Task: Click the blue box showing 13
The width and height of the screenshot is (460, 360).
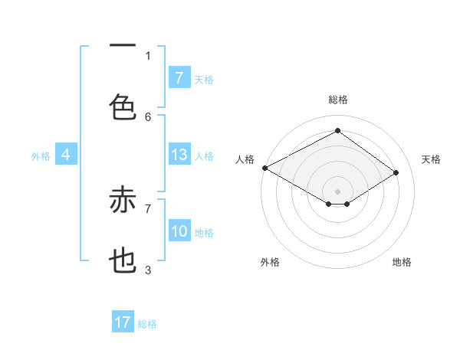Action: [179, 155]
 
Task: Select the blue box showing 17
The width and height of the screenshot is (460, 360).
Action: [123, 322]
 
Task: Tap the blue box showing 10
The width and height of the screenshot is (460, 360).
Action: [179, 231]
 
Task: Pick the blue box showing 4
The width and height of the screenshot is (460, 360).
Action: [66, 155]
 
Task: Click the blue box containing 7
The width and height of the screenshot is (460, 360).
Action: [179, 77]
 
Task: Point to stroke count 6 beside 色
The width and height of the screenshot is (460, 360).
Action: [148, 116]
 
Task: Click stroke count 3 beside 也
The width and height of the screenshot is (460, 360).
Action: [148, 270]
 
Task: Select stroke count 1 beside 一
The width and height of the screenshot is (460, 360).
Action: [148, 55]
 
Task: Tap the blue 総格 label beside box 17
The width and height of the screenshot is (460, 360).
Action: [147, 324]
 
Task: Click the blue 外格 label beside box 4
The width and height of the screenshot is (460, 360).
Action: [41, 156]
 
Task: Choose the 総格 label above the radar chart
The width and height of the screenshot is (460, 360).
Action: [337, 100]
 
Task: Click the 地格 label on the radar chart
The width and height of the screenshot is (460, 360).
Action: [402, 262]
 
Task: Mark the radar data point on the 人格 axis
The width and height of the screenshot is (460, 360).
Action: [264, 168]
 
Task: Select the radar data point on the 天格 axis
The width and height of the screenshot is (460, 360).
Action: [396, 173]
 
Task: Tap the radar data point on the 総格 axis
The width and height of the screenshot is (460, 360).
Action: [337, 131]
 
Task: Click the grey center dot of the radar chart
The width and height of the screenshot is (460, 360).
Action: [337, 191]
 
